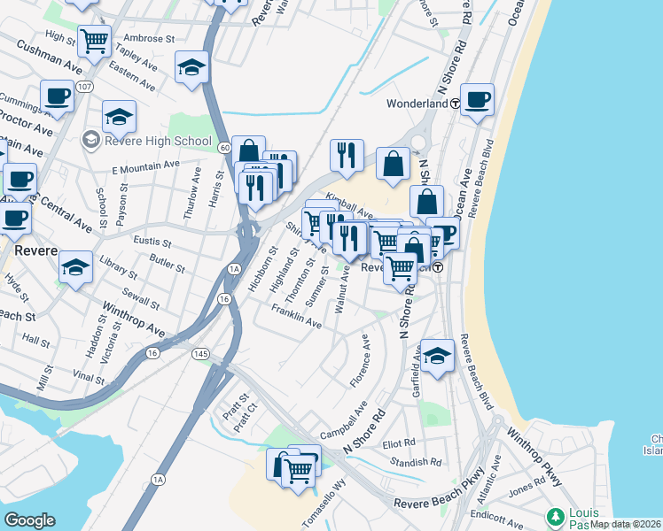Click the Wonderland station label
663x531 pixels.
pyautogui.click(x=416, y=104)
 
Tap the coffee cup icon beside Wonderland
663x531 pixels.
pyautogui.click(x=477, y=99)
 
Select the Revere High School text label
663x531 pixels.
pyautogui.click(x=158, y=141)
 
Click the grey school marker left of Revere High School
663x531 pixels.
pyautogui.click(x=90, y=141)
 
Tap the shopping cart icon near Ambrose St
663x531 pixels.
pyautogui.click(x=93, y=39)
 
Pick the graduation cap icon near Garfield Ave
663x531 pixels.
pyautogui.click(x=436, y=357)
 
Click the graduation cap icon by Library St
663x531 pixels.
pyautogui.click(x=76, y=266)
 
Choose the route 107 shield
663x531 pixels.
pyautogui.click(x=85, y=87)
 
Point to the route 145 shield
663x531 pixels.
pyautogui.click(x=202, y=354)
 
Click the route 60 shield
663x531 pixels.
pyautogui.click(x=225, y=147)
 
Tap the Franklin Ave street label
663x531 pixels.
pyautogui.click(x=296, y=317)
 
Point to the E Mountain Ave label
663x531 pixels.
pyautogui.click(x=145, y=166)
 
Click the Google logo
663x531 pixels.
pyautogui.click(x=29, y=519)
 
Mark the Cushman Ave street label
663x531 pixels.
pyautogui.click(x=48, y=57)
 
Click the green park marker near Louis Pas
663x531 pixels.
pyautogui.click(x=556, y=515)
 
